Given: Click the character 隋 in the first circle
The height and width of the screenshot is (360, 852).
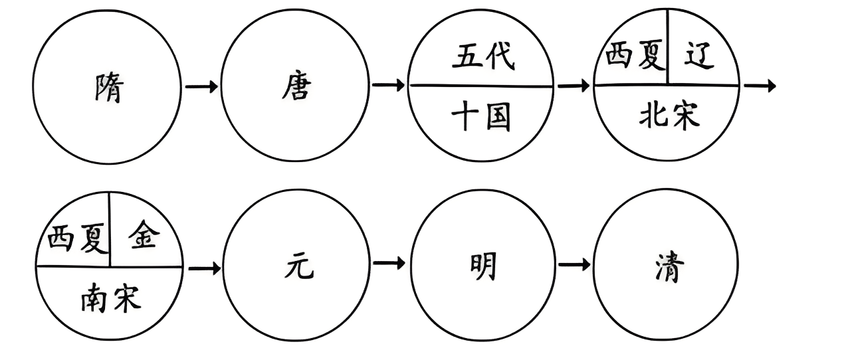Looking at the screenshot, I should (x=108, y=88).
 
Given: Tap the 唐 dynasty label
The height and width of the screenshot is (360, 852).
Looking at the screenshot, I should (x=295, y=86).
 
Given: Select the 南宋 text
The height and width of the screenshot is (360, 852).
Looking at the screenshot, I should (x=110, y=298).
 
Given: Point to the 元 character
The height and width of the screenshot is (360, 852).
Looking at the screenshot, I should (x=296, y=267).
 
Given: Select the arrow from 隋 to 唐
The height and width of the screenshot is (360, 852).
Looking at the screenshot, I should (x=201, y=86).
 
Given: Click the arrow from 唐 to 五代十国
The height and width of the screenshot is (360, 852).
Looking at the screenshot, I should (x=389, y=86).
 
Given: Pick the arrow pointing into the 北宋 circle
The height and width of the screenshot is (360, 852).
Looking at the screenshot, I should (x=574, y=86).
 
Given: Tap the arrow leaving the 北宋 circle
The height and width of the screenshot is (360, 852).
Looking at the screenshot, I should (x=760, y=86).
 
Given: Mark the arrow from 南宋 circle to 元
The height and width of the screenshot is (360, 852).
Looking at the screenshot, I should (x=205, y=268).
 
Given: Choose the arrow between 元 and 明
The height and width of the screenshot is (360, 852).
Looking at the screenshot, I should (x=389, y=264).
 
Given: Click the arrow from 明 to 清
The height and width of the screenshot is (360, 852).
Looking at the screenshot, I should (x=574, y=264).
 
